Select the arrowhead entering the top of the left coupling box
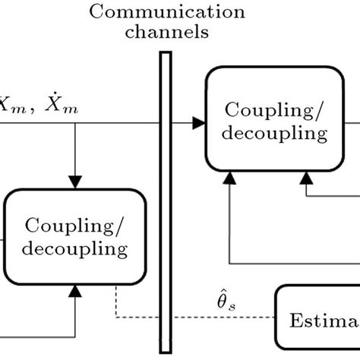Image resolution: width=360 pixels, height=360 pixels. coord(74,183)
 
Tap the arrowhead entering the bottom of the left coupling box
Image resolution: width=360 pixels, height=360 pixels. coord(74,289)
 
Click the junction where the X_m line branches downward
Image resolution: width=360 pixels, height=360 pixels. coord(74,122)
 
